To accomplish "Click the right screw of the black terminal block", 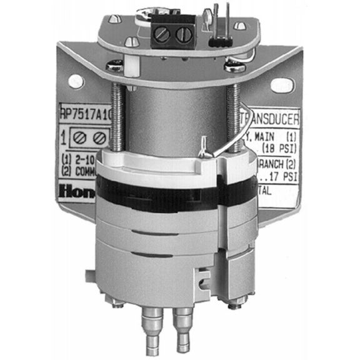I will [x=182, y=34].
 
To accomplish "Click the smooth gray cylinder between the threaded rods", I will [x=175, y=119].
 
